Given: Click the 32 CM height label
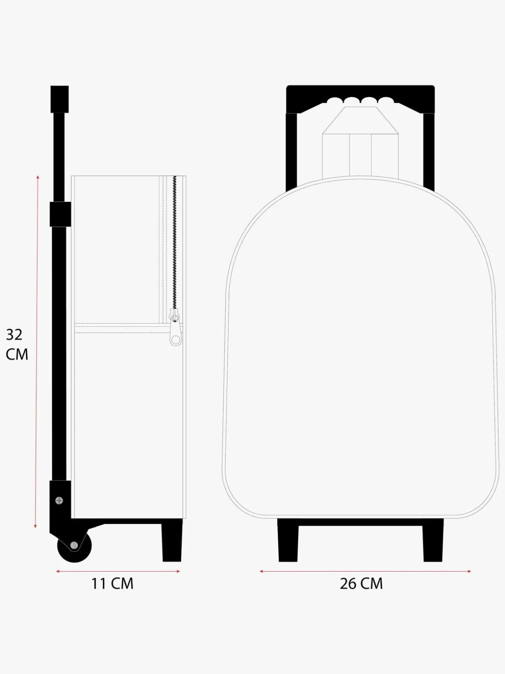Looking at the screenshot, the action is click(17, 345).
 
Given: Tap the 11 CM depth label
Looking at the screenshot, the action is click(112, 583).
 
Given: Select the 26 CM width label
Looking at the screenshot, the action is click(361, 583).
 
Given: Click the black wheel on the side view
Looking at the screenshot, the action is click(74, 547).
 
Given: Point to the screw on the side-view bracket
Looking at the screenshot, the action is click(59, 501).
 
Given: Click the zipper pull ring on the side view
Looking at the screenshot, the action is click(175, 340).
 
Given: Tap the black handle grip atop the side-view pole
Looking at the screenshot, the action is click(60, 99).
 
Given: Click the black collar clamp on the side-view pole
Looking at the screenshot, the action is click(61, 214).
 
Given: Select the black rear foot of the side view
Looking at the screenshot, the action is click(172, 542).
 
